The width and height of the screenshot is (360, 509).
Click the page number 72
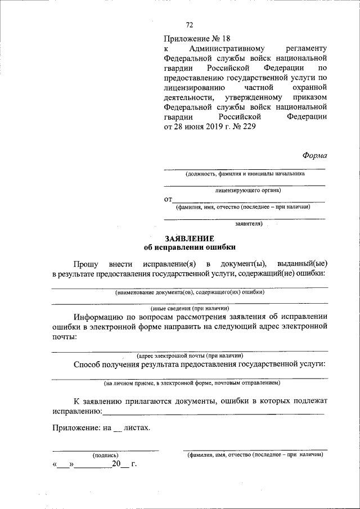pos(190,24)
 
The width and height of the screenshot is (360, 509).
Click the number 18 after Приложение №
pos(226,39)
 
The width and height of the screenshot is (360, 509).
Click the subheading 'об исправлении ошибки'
pos(190,247)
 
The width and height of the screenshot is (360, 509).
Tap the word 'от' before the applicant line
pos(168,199)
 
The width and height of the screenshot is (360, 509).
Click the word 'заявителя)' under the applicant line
pos(249,223)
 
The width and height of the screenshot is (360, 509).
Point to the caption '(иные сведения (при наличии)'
pos(190,308)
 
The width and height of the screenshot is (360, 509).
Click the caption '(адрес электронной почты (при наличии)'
pos(190,355)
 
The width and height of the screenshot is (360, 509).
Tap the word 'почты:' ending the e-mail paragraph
pos(64,337)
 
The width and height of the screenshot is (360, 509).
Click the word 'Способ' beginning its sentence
pos(88,364)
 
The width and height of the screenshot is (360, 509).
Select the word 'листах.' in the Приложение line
pos(137,427)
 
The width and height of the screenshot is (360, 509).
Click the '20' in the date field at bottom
pos(116,464)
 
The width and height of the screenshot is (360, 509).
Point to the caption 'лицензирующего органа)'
pos(247,190)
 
